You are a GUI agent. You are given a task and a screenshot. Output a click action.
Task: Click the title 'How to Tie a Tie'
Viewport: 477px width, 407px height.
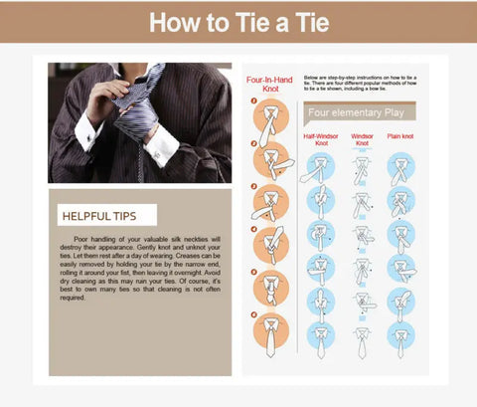tap(238, 22)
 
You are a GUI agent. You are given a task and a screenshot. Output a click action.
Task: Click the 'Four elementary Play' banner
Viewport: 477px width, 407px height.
tap(361, 112)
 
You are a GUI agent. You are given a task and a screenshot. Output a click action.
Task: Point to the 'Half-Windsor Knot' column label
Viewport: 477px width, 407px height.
tap(322, 140)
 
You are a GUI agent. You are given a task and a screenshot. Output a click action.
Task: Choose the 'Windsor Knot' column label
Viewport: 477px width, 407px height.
tap(364, 140)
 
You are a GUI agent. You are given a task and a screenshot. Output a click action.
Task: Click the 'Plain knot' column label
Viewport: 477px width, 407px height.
tap(401, 140)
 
